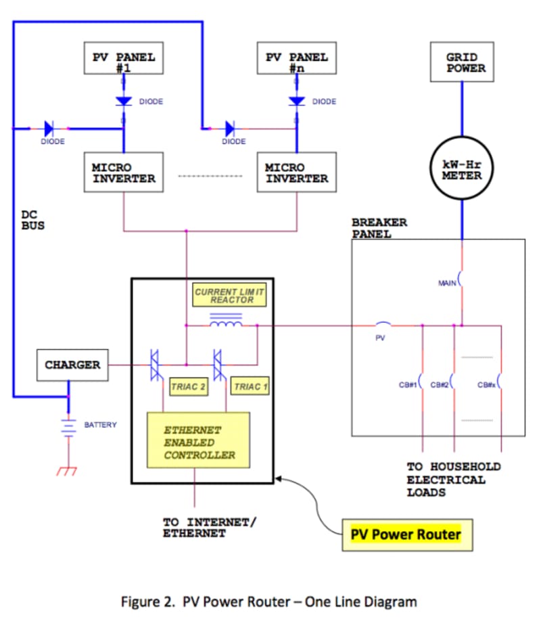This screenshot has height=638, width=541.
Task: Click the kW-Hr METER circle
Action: pos(463,170)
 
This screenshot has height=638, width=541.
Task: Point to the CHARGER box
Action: pos(72,365)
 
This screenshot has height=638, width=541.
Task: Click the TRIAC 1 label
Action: pos(250,387)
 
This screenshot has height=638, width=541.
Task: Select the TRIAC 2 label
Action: pos(188,387)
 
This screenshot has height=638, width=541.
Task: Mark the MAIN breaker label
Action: pos(447,283)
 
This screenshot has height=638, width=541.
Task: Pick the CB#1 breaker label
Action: pos(408,385)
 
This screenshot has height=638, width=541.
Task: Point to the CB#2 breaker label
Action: pos(440,385)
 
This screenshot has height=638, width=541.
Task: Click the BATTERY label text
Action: pos(100,425)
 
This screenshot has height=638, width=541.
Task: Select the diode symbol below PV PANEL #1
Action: pos(124,101)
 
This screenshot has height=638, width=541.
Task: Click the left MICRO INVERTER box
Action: pos(124,173)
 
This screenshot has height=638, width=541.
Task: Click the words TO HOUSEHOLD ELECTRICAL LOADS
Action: pos(453,480)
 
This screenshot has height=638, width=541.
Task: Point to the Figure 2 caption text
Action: pos(268,601)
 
